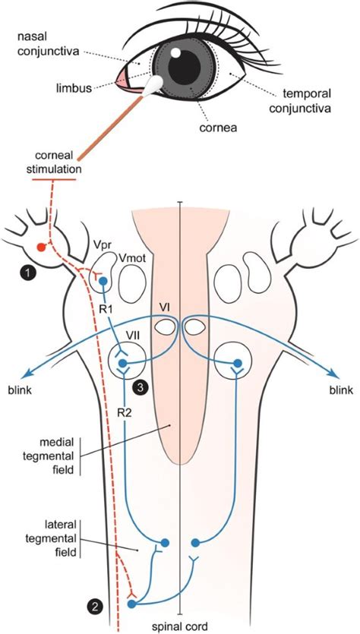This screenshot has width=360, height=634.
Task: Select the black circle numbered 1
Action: [x=27, y=269]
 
